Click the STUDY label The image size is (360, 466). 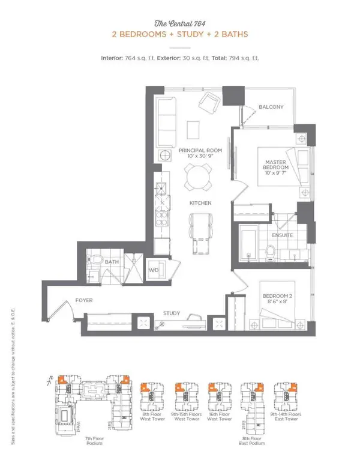(172, 313)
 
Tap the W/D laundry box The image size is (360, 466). (153, 270)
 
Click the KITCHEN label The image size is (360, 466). (200, 204)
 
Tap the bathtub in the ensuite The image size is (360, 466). (249, 243)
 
